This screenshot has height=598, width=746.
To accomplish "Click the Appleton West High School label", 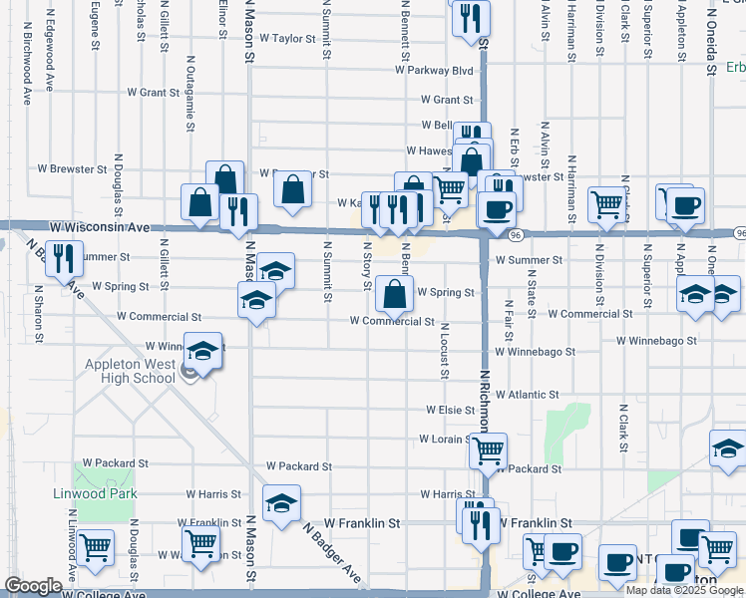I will (x=130, y=371).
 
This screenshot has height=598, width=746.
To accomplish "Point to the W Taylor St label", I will (x=287, y=38).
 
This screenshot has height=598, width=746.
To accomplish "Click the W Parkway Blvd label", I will (x=434, y=71).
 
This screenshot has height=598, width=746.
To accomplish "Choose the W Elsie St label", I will (x=449, y=410).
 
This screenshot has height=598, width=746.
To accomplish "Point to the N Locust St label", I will (x=443, y=351).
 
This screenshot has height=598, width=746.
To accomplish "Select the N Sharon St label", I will (x=38, y=314).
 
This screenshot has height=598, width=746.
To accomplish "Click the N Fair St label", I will (x=509, y=319).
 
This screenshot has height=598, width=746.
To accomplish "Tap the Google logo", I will (x=33, y=586).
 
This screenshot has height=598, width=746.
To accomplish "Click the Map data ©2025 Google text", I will (x=684, y=589).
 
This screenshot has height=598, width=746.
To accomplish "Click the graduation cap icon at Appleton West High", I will (x=202, y=352).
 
